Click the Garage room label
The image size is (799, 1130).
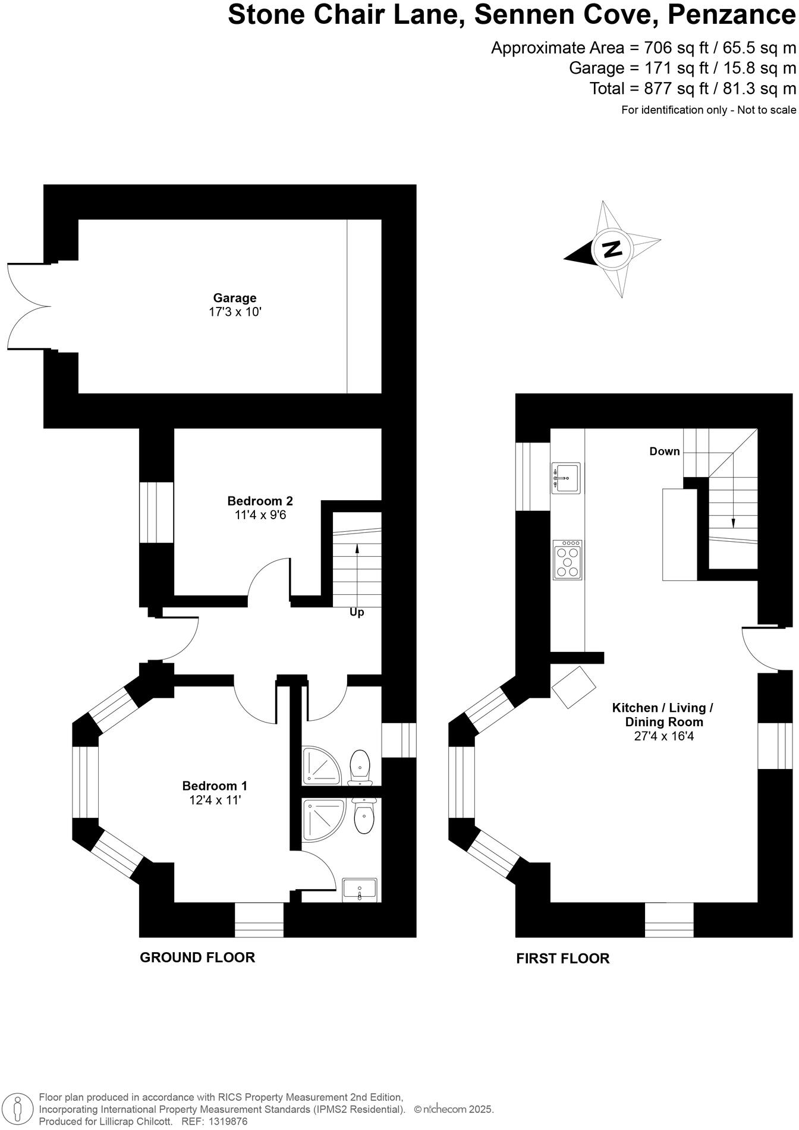point(235,298)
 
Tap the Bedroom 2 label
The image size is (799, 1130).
point(260,501)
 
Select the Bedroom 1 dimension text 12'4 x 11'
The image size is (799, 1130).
point(215,801)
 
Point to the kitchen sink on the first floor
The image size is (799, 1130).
point(565,478)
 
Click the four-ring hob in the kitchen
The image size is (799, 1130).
point(567,560)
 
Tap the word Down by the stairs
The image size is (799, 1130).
point(664,451)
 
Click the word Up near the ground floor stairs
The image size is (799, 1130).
point(357,613)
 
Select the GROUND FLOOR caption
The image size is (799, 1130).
point(197,958)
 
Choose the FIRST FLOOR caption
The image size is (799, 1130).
point(562,959)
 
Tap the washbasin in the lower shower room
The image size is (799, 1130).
point(360,890)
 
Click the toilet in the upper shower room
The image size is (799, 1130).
point(360,765)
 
